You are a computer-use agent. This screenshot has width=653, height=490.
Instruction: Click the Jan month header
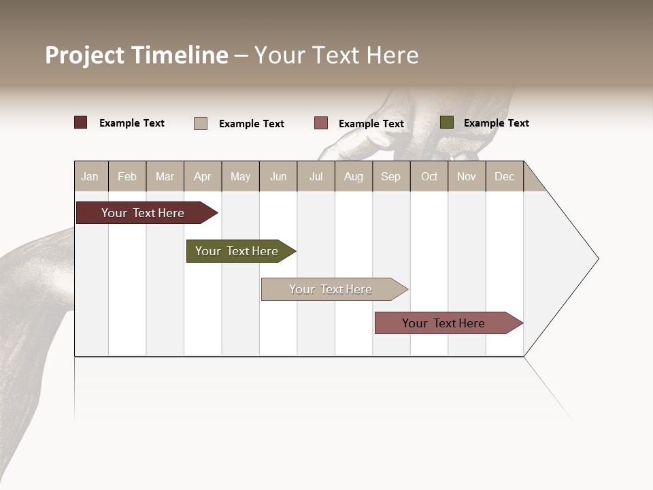pos(90,177)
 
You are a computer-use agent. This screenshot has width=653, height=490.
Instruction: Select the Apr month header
pos(202,177)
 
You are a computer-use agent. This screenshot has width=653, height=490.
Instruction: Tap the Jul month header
pos(316,177)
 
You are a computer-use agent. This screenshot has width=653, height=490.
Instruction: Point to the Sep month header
pos(390,177)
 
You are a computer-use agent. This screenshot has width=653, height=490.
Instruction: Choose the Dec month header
pos(504,177)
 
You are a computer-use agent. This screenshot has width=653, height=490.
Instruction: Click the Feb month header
pos(127,177)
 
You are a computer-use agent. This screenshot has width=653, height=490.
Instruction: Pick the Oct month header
pos(429,177)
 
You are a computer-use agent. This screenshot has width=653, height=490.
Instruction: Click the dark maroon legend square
pos(81,122)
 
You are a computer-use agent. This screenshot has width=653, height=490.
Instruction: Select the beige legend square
pos(201,123)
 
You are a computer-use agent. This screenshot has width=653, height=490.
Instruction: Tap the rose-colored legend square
pos(321,123)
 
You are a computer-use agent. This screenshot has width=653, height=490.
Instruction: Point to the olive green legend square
pos(447,122)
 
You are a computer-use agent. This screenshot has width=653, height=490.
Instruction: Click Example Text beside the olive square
pos(496,123)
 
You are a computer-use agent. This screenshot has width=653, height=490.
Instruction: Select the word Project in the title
pos(85,55)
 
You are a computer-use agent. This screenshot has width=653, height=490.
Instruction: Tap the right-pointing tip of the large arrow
pos(597,259)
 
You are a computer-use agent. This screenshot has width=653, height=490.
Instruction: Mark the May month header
pos(240,177)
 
